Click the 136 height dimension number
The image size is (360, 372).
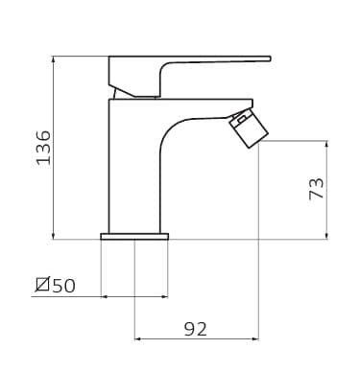tap(44, 148)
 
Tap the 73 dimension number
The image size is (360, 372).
tap(316, 189)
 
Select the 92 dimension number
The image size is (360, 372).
tap(196, 329)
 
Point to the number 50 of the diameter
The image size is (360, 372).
tap(64, 286)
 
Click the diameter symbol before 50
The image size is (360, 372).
tap(42, 285)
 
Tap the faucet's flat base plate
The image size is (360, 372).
tap(134, 237)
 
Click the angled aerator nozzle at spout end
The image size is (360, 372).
tap(249, 128)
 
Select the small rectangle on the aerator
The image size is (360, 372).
tap(241, 120)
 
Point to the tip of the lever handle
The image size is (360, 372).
tap(271, 58)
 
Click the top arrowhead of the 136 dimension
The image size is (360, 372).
tap(54, 59)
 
